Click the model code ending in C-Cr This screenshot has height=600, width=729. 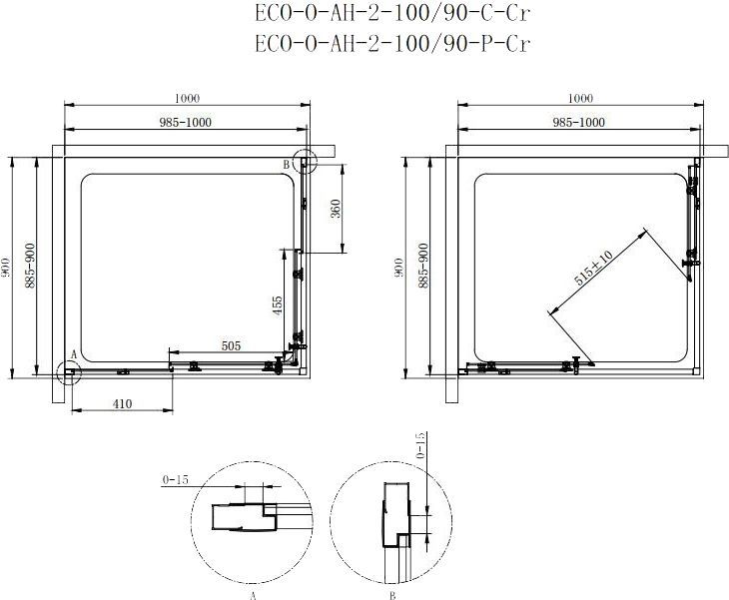tap(392, 13)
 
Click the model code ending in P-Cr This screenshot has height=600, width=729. tap(392, 43)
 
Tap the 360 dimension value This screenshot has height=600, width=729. tap(336, 209)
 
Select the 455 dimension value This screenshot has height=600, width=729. tap(277, 305)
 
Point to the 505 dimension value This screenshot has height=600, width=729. tap(231, 345)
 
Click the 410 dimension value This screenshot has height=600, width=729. tap(122, 404)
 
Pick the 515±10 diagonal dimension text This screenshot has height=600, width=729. tap(593, 269)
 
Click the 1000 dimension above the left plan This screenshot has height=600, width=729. tap(187, 98)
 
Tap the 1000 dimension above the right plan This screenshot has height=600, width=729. tap(580, 98)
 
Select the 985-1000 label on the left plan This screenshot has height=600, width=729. tap(185, 122)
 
